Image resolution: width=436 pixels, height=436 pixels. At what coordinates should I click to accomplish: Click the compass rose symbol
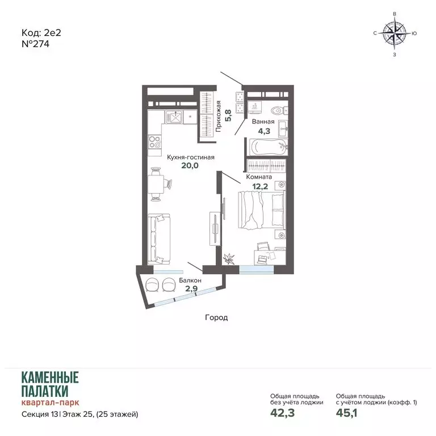pos(395,33)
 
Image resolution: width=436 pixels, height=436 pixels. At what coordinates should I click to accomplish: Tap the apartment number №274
pos(35,44)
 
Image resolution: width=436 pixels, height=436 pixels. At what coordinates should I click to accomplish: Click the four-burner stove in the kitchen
pos(154,141)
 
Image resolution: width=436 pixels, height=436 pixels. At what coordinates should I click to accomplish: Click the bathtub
pos(267,147)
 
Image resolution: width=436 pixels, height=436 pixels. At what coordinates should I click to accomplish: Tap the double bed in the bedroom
pos(262,209)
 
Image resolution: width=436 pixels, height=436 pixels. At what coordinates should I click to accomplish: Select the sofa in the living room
pos(159,239)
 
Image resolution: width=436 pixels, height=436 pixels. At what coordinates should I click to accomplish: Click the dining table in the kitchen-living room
pos(156,183)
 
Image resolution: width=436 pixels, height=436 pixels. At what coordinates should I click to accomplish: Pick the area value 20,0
pos(190,166)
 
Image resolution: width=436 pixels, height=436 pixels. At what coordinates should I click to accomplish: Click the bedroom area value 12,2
pos(260,187)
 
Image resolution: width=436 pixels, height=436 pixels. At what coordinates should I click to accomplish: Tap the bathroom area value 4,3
pos(264,131)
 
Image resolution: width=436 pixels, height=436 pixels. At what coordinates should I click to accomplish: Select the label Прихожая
pos(219,116)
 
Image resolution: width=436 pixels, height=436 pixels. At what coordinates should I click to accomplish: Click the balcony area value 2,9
pos(191,288)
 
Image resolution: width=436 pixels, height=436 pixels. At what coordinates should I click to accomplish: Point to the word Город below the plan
pos(216,317)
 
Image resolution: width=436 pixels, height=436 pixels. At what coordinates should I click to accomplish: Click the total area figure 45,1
pos(346,413)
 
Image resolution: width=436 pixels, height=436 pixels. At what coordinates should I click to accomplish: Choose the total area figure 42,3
pos(282,413)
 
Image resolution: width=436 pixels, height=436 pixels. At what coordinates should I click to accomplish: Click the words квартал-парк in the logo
pos(51,403)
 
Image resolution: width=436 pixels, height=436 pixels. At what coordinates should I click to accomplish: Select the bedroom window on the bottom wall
pos(257,270)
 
